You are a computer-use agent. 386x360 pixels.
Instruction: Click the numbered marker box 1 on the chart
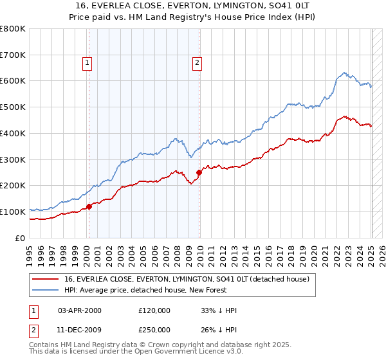coord(87,62)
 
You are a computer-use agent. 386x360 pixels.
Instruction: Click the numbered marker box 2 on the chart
coord(197,62)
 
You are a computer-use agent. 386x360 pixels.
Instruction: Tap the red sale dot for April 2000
coord(89,206)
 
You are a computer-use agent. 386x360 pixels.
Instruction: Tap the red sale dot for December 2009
coord(199,172)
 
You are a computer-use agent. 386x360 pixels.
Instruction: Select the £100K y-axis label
coord(13,212)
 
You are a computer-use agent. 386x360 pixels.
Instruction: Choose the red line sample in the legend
coord(46,279)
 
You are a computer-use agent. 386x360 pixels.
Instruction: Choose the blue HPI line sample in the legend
coord(46,290)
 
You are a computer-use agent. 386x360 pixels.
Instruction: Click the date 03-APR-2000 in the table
coord(79,310)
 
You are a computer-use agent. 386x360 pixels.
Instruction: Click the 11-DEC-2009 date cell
coord(79,329)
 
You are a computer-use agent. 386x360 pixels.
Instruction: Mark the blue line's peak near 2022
coord(344,73)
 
